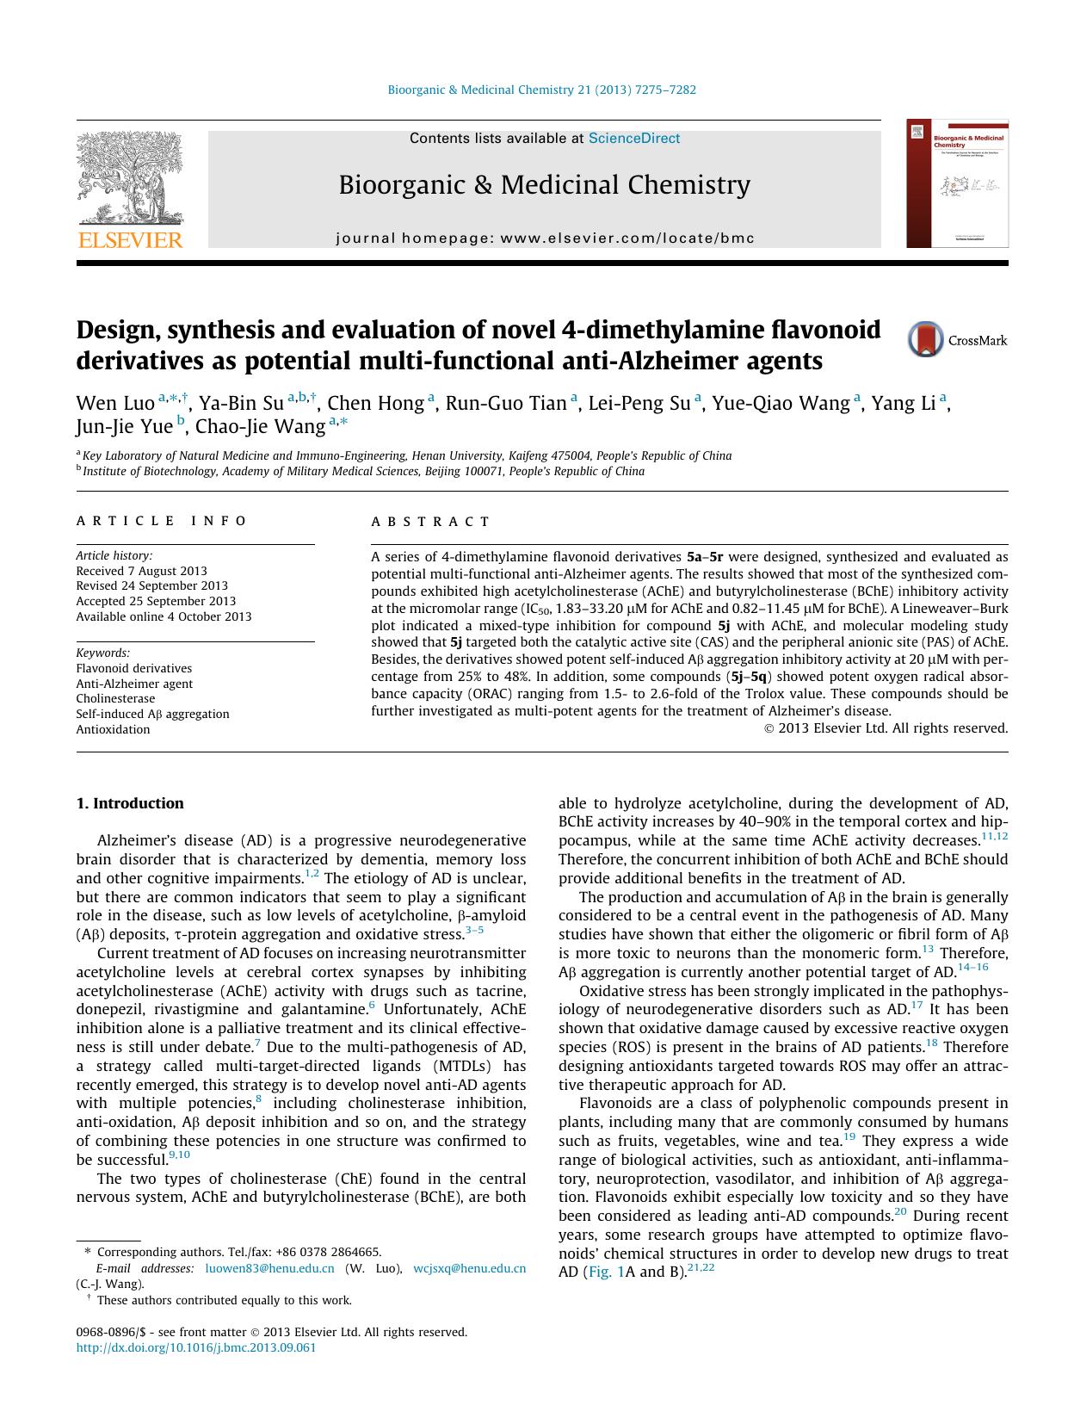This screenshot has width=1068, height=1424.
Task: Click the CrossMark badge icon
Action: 925,339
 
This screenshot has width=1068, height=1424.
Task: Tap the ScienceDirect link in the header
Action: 633,138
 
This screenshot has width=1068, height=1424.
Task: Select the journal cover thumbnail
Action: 957,183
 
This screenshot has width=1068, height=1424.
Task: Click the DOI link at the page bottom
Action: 196,1347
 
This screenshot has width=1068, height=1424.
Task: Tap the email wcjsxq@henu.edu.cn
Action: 469,1268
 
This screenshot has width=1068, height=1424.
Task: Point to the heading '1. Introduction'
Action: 130,803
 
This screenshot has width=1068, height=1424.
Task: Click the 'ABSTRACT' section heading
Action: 430,521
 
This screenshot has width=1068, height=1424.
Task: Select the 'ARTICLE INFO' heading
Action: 161,521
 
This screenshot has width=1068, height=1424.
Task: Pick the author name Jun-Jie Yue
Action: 124,426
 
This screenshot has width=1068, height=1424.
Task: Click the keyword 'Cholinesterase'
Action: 115,698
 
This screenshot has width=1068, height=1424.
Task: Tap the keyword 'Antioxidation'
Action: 113,729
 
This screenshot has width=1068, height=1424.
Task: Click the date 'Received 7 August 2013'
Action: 141,571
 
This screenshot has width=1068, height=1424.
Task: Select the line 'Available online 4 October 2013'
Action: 164,616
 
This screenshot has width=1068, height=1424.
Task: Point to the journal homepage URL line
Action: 545,238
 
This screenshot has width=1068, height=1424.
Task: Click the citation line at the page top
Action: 541,90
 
